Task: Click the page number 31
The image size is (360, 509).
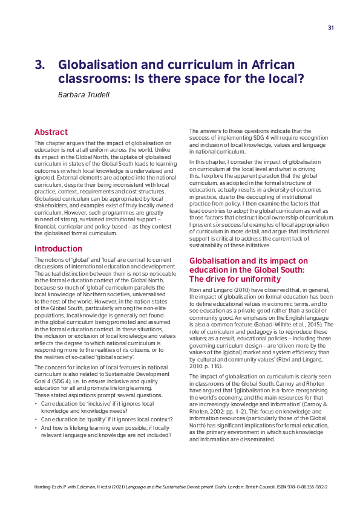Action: [331, 28]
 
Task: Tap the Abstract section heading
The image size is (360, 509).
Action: [51, 132]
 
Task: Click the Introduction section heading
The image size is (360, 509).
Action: [58, 248]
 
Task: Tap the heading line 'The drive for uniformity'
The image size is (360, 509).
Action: [235, 279]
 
